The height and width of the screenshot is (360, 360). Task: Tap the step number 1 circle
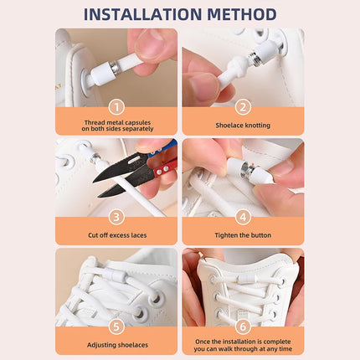click(x=116, y=106)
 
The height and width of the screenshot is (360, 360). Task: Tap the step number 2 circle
click(x=243, y=106)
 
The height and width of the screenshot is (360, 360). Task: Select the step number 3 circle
click(x=116, y=215)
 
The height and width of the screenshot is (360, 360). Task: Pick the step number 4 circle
click(x=243, y=215)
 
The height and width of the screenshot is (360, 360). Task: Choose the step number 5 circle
click(x=116, y=325)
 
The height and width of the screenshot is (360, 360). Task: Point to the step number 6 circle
click(x=243, y=325)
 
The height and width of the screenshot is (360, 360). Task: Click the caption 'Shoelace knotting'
click(x=243, y=125)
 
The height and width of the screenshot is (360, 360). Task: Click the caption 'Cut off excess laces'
click(x=116, y=234)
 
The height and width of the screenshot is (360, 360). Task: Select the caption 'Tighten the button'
click(x=243, y=234)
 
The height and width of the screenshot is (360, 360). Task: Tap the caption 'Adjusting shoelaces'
click(x=116, y=344)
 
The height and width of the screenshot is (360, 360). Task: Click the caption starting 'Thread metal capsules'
click(x=116, y=125)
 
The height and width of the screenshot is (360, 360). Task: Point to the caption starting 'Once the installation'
click(x=243, y=344)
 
